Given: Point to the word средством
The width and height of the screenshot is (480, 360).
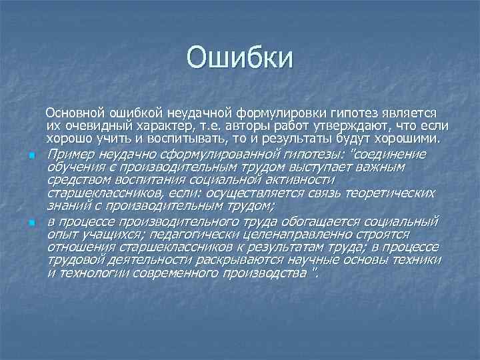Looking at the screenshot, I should [75, 181].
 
